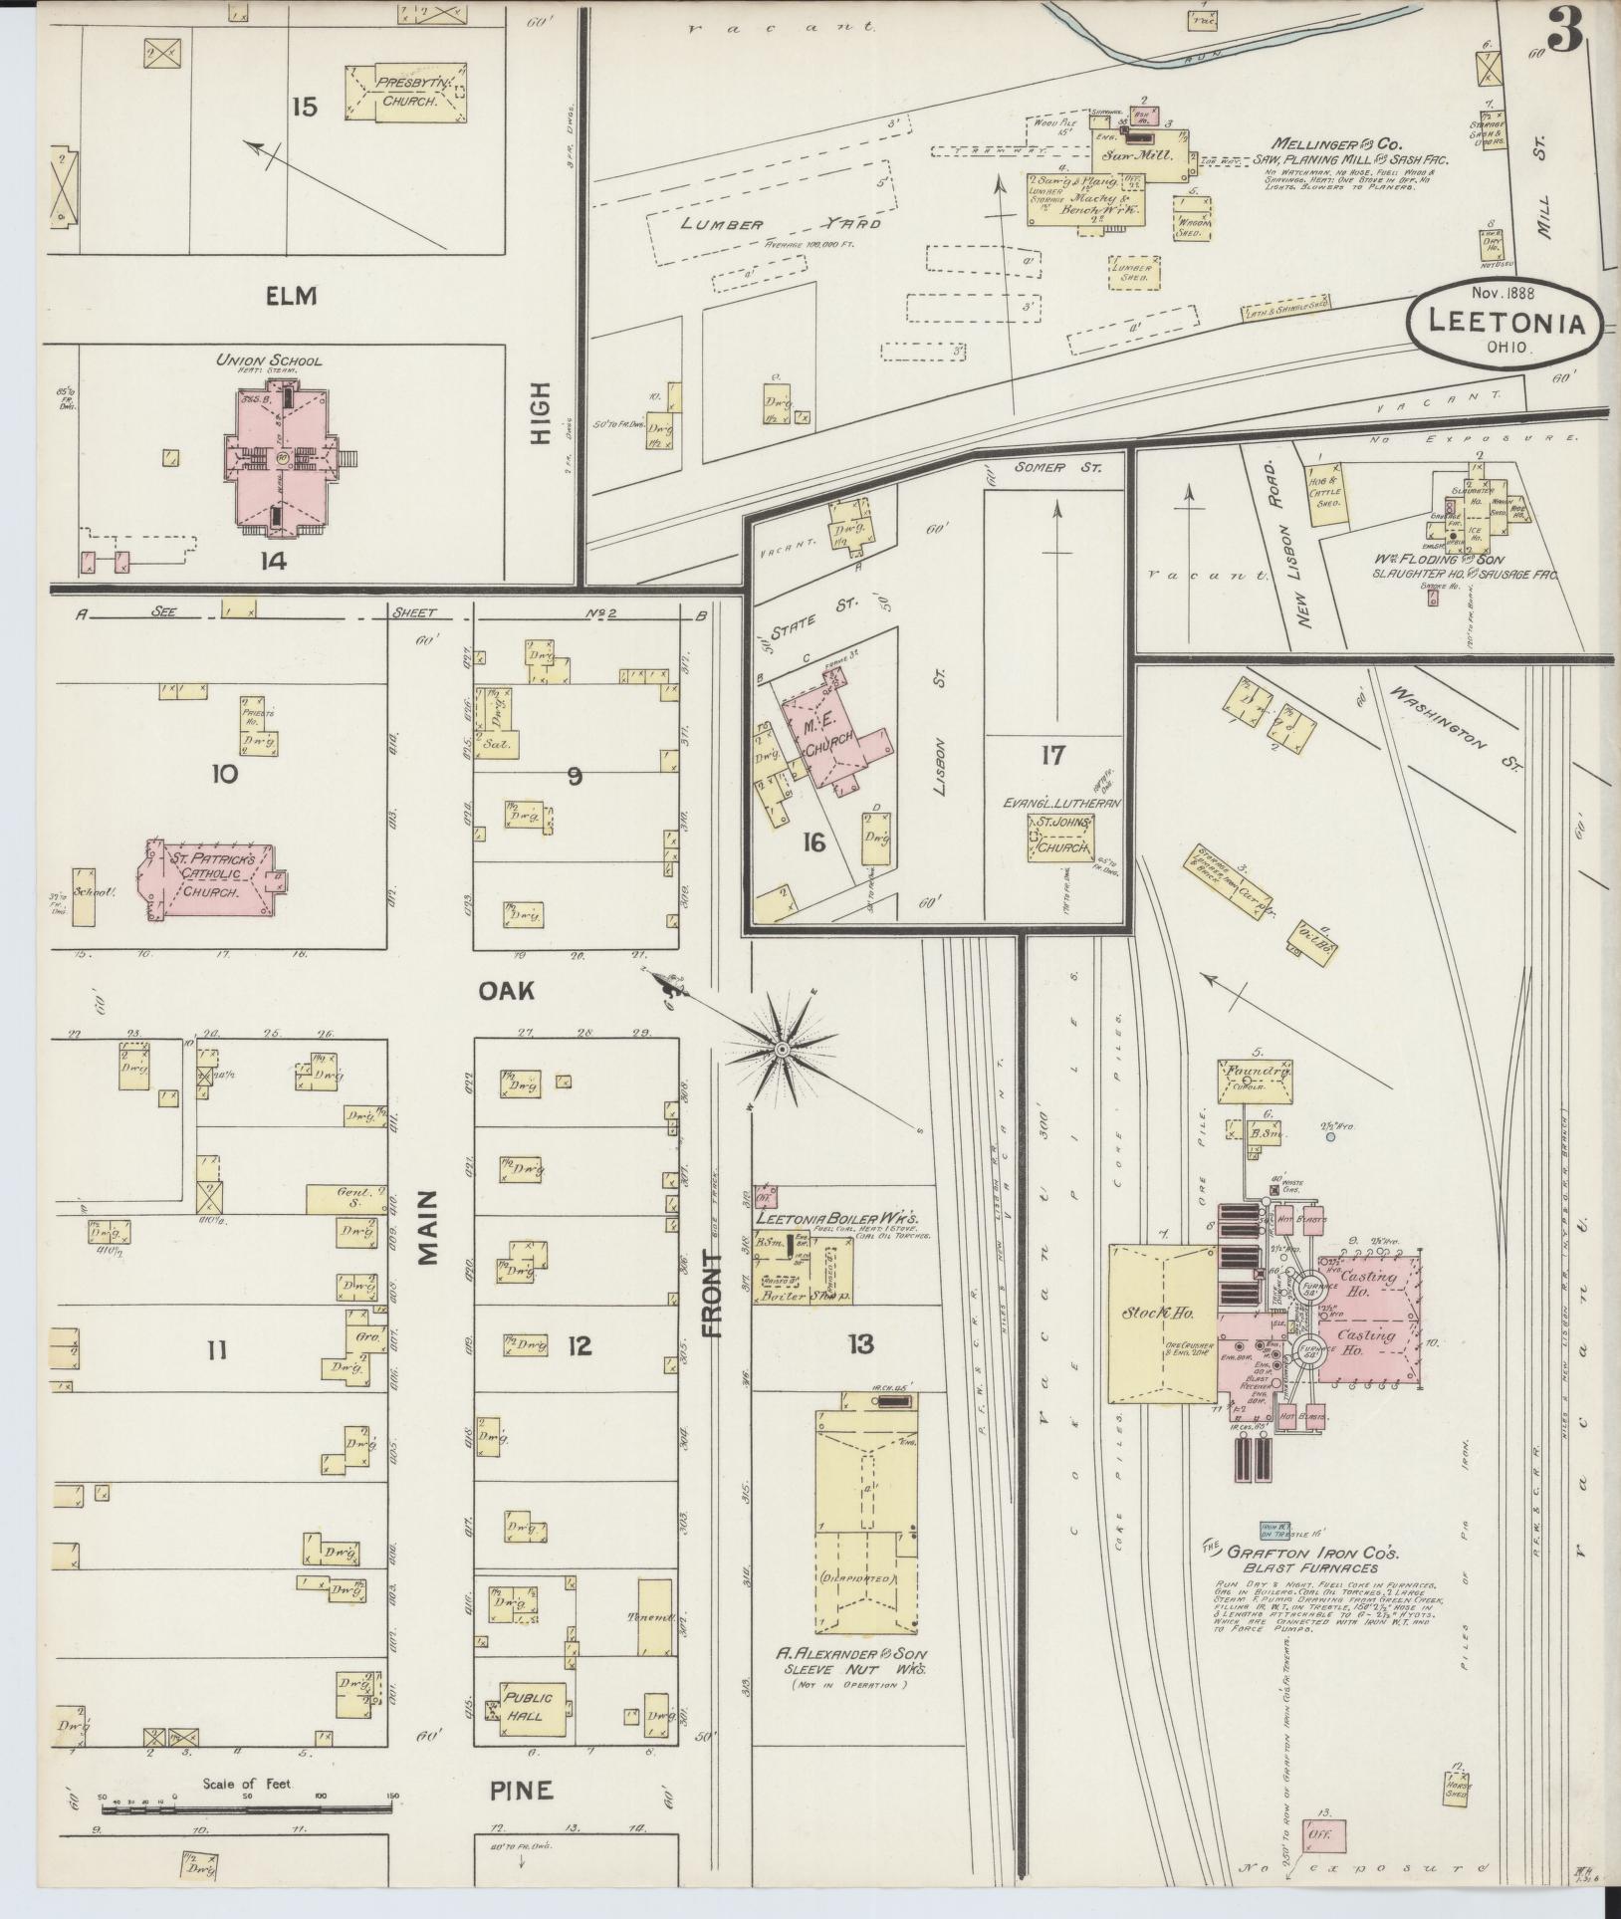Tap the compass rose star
pos(783,1050)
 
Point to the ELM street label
pos(291,296)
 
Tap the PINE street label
pos(521,1791)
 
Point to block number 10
pos(224,774)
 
